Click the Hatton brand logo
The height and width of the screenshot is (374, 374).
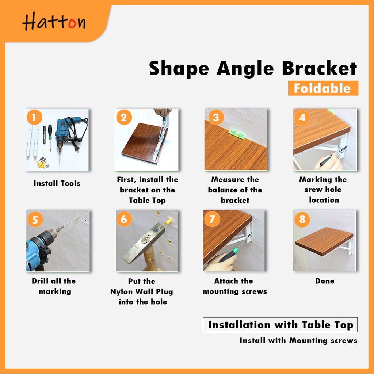pyautogui.click(x=54, y=22)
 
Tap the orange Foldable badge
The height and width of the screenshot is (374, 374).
pyautogui.click(x=323, y=88)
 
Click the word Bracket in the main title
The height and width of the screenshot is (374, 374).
pyautogui.click(x=319, y=68)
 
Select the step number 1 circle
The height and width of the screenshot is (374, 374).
pyautogui.click(x=34, y=117)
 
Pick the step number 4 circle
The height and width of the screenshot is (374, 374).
pyautogui.click(x=302, y=117)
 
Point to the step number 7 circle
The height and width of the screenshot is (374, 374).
pyautogui.click(x=212, y=219)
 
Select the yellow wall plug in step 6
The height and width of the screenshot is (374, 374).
pyautogui.click(x=169, y=222)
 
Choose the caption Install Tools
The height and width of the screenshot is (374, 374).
pyautogui.click(x=57, y=183)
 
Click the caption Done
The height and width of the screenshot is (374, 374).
pyautogui.click(x=325, y=281)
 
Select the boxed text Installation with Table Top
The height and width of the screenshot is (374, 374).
pyautogui.click(x=280, y=325)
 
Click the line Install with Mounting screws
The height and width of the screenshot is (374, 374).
pyautogui.click(x=298, y=341)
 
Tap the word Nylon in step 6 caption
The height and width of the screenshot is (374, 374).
pyautogui.click(x=122, y=292)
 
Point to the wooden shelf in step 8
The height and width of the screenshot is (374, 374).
pyautogui.click(x=324, y=241)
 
